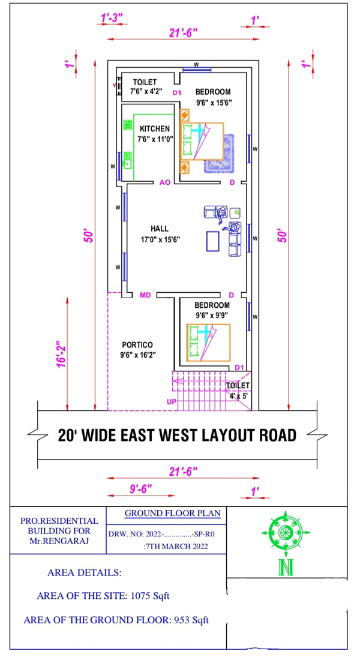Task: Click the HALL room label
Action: coord(160,229)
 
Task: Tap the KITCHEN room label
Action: coord(155,128)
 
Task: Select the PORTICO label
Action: coord(135,344)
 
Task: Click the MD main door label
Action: coord(145,295)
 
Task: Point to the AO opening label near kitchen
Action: coord(164,182)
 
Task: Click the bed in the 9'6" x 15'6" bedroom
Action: coord(202,141)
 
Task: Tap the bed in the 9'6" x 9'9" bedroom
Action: coord(208,343)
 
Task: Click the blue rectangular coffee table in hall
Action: coord(212,241)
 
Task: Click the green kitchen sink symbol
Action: coord(128,159)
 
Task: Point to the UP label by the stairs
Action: coord(172,402)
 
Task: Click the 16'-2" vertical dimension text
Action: coord(62,353)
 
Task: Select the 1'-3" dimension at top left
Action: coord(112,17)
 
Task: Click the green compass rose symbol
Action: coord(285,532)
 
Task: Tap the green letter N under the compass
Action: coord(286,568)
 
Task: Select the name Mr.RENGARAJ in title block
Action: coord(59,539)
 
